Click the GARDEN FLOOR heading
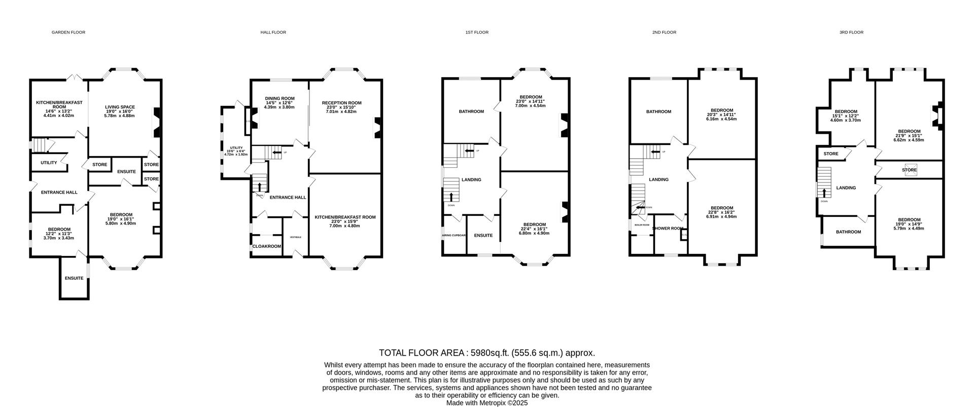pyautogui.click(x=68, y=32)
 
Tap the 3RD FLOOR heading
pyautogui.click(x=851, y=32)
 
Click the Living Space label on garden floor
pyautogui.click(x=120, y=107)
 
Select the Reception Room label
pyautogui.click(x=341, y=103)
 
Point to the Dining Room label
pyautogui.click(x=280, y=98)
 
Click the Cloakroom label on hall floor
pyautogui.click(x=266, y=246)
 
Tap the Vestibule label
pyautogui.click(x=295, y=237)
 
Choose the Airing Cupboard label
pyautogui.click(x=454, y=236)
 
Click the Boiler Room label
pyautogui.click(x=641, y=225)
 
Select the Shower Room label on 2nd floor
pyautogui.click(x=667, y=229)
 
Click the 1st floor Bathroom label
pyautogui.click(x=471, y=112)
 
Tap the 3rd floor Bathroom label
pyautogui.click(x=848, y=232)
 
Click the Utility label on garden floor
pyautogui.click(x=49, y=163)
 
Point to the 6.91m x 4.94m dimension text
pyautogui.click(x=721, y=216)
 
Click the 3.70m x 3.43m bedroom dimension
pyautogui.click(x=59, y=238)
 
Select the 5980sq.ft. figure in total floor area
pyautogui.click(x=490, y=353)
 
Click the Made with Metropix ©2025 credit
pyautogui.click(x=487, y=403)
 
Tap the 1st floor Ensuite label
pyautogui.click(x=483, y=235)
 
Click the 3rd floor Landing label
pyautogui.click(x=846, y=188)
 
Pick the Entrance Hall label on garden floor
pyautogui.click(x=59, y=192)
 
